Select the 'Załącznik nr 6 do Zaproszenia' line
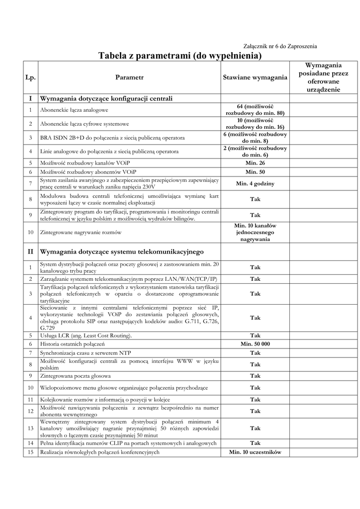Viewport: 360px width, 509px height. point(280,46)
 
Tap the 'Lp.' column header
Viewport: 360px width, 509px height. point(30,78)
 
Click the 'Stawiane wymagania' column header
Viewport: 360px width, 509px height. point(255,78)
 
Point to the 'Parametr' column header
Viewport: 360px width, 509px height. point(129,78)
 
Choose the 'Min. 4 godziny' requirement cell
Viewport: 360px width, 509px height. point(255,183)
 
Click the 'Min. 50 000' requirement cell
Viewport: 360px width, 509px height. point(255,344)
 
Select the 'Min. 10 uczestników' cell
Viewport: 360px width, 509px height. point(255,452)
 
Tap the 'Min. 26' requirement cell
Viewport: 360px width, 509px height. point(255,163)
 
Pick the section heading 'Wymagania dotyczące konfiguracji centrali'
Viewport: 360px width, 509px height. point(106,98)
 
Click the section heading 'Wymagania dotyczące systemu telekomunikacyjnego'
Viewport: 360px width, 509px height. point(122,252)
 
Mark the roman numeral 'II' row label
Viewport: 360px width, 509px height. point(30,252)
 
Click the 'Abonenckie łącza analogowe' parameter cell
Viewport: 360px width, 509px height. point(74,110)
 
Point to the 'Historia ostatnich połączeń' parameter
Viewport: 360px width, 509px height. point(73,344)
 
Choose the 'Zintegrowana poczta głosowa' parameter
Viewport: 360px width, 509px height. point(76,376)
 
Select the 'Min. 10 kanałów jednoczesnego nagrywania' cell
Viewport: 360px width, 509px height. point(255,232)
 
